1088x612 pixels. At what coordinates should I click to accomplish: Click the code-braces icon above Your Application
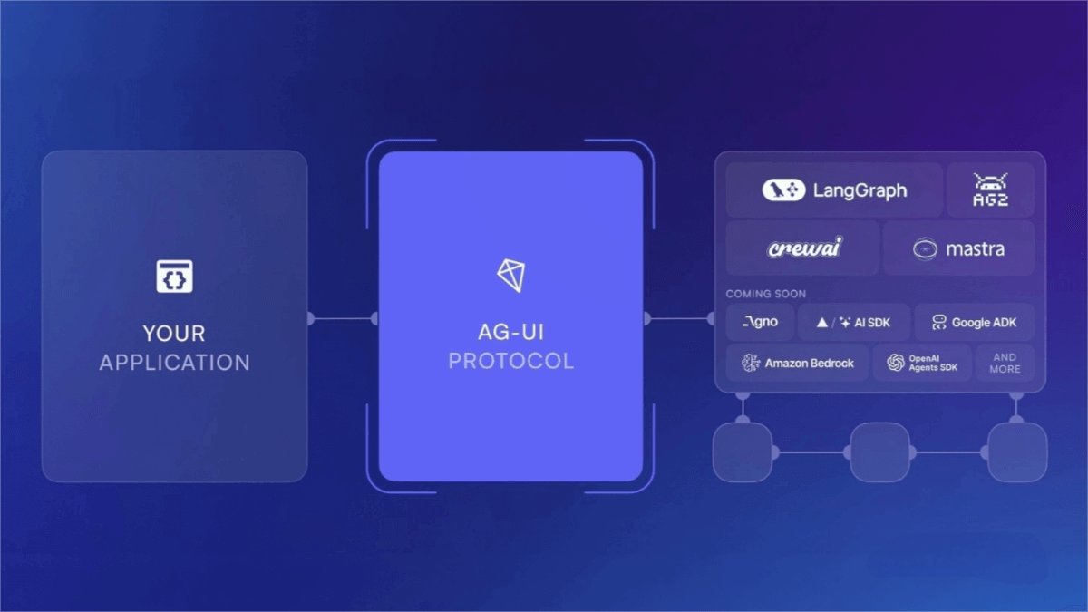coord(174,277)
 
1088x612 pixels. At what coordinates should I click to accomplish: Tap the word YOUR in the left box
coord(174,334)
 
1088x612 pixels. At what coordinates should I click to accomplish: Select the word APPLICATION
coord(175,363)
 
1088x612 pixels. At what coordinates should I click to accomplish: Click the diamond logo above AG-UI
coord(511,276)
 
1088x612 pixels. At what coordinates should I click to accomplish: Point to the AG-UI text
coord(511,332)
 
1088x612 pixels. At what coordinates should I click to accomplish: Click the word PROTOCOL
coord(511,361)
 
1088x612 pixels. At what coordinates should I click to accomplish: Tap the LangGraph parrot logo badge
coord(783,189)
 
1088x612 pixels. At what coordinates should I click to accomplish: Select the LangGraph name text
coord(860,190)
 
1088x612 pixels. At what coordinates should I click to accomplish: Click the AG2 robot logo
coord(990,189)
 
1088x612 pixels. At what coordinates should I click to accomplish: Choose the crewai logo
coord(805,248)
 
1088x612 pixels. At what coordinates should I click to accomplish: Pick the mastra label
coord(976,249)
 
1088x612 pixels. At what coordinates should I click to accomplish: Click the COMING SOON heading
coord(766,294)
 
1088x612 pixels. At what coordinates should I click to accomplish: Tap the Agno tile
coord(760,322)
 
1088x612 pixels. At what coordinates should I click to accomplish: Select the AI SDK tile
coord(854,322)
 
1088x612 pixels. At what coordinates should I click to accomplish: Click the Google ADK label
coord(984,323)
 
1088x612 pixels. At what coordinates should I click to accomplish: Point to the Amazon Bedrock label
coord(809,364)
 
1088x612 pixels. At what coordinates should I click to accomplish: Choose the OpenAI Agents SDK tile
coord(922,363)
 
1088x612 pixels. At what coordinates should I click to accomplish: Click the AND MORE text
coord(1005,364)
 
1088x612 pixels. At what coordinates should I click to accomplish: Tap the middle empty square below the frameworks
coord(879,452)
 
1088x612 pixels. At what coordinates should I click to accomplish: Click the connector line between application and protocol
coord(343,319)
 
